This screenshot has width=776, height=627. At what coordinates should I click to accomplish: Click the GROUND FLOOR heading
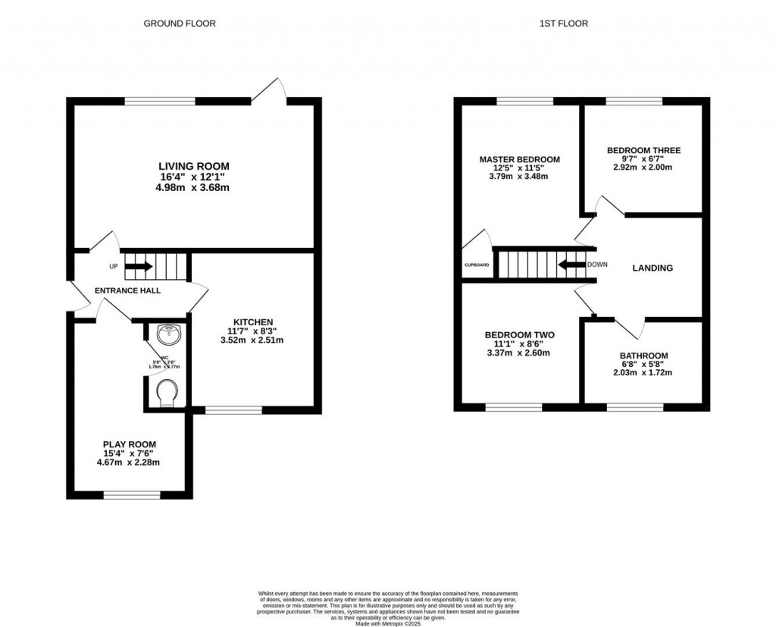pyautogui.click(x=180, y=24)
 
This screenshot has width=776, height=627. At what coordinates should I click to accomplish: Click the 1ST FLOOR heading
pyautogui.click(x=563, y=24)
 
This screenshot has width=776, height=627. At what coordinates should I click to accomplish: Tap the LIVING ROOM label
pyautogui.click(x=193, y=166)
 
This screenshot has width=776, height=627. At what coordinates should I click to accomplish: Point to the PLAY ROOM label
pyautogui.click(x=131, y=444)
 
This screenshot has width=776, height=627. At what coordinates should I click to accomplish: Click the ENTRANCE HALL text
pyautogui.click(x=127, y=290)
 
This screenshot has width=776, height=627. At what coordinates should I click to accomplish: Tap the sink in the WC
pyautogui.click(x=167, y=334)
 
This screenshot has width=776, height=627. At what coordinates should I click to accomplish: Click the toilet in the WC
pyautogui.click(x=166, y=393)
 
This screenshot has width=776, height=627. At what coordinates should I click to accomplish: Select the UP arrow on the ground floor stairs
pyautogui.click(x=139, y=266)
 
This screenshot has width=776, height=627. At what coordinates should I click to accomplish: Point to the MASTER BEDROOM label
pyautogui.click(x=519, y=159)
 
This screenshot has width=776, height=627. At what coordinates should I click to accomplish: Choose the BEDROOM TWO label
pyautogui.click(x=519, y=335)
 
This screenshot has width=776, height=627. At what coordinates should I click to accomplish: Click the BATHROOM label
pyautogui.click(x=643, y=356)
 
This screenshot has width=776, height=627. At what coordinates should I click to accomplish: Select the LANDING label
pyautogui.click(x=652, y=268)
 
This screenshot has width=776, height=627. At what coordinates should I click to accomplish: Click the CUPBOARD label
pyautogui.click(x=477, y=265)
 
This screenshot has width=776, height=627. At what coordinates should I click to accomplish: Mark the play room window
pyautogui.click(x=133, y=496)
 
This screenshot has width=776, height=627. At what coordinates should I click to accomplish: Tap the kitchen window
pyautogui.click(x=233, y=410)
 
